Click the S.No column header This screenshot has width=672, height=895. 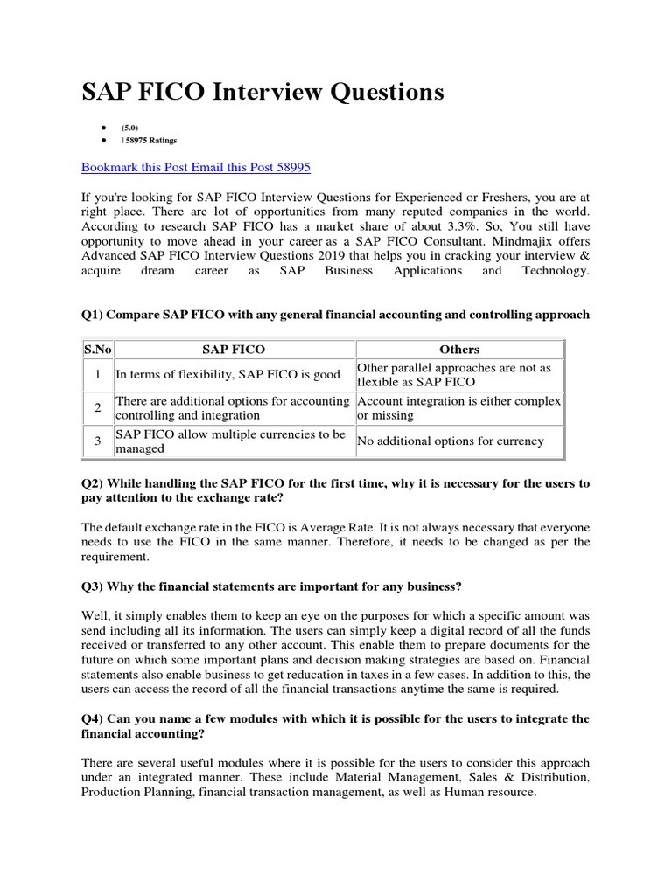[98, 349]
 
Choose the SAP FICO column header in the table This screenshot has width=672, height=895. [234, 349]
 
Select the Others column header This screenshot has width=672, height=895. [459, 349]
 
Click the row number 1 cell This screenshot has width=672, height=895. [98, 375]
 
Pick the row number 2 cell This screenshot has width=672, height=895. [98, 408]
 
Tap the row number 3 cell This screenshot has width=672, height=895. [98, 441]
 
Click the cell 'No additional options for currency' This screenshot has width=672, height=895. [450, 441]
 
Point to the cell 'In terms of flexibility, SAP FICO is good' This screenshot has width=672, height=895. [228, 375]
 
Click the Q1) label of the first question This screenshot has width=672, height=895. [94, 315]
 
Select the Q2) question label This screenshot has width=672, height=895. [94, 483]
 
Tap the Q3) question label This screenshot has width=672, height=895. [94, 586]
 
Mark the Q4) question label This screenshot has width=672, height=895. [94, 718]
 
